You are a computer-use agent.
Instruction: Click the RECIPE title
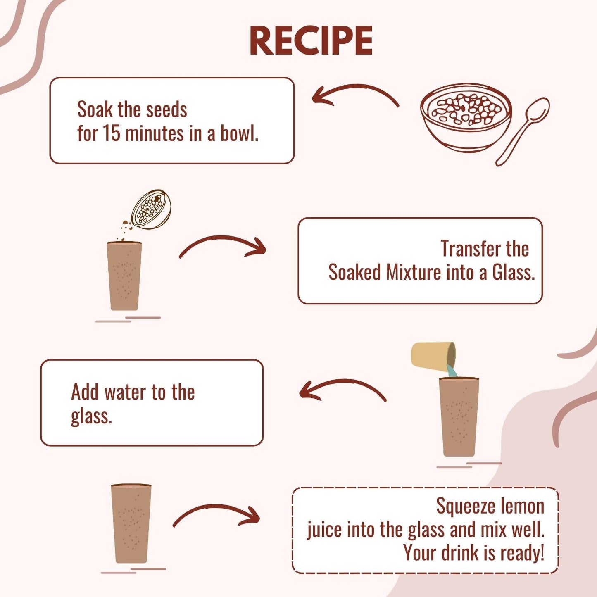tap(311, 41)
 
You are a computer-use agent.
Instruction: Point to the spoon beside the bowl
tap(522, 131)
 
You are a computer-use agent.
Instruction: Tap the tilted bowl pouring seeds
tap(151, 209)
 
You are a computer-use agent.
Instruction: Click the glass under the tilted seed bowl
tap(124, 276)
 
